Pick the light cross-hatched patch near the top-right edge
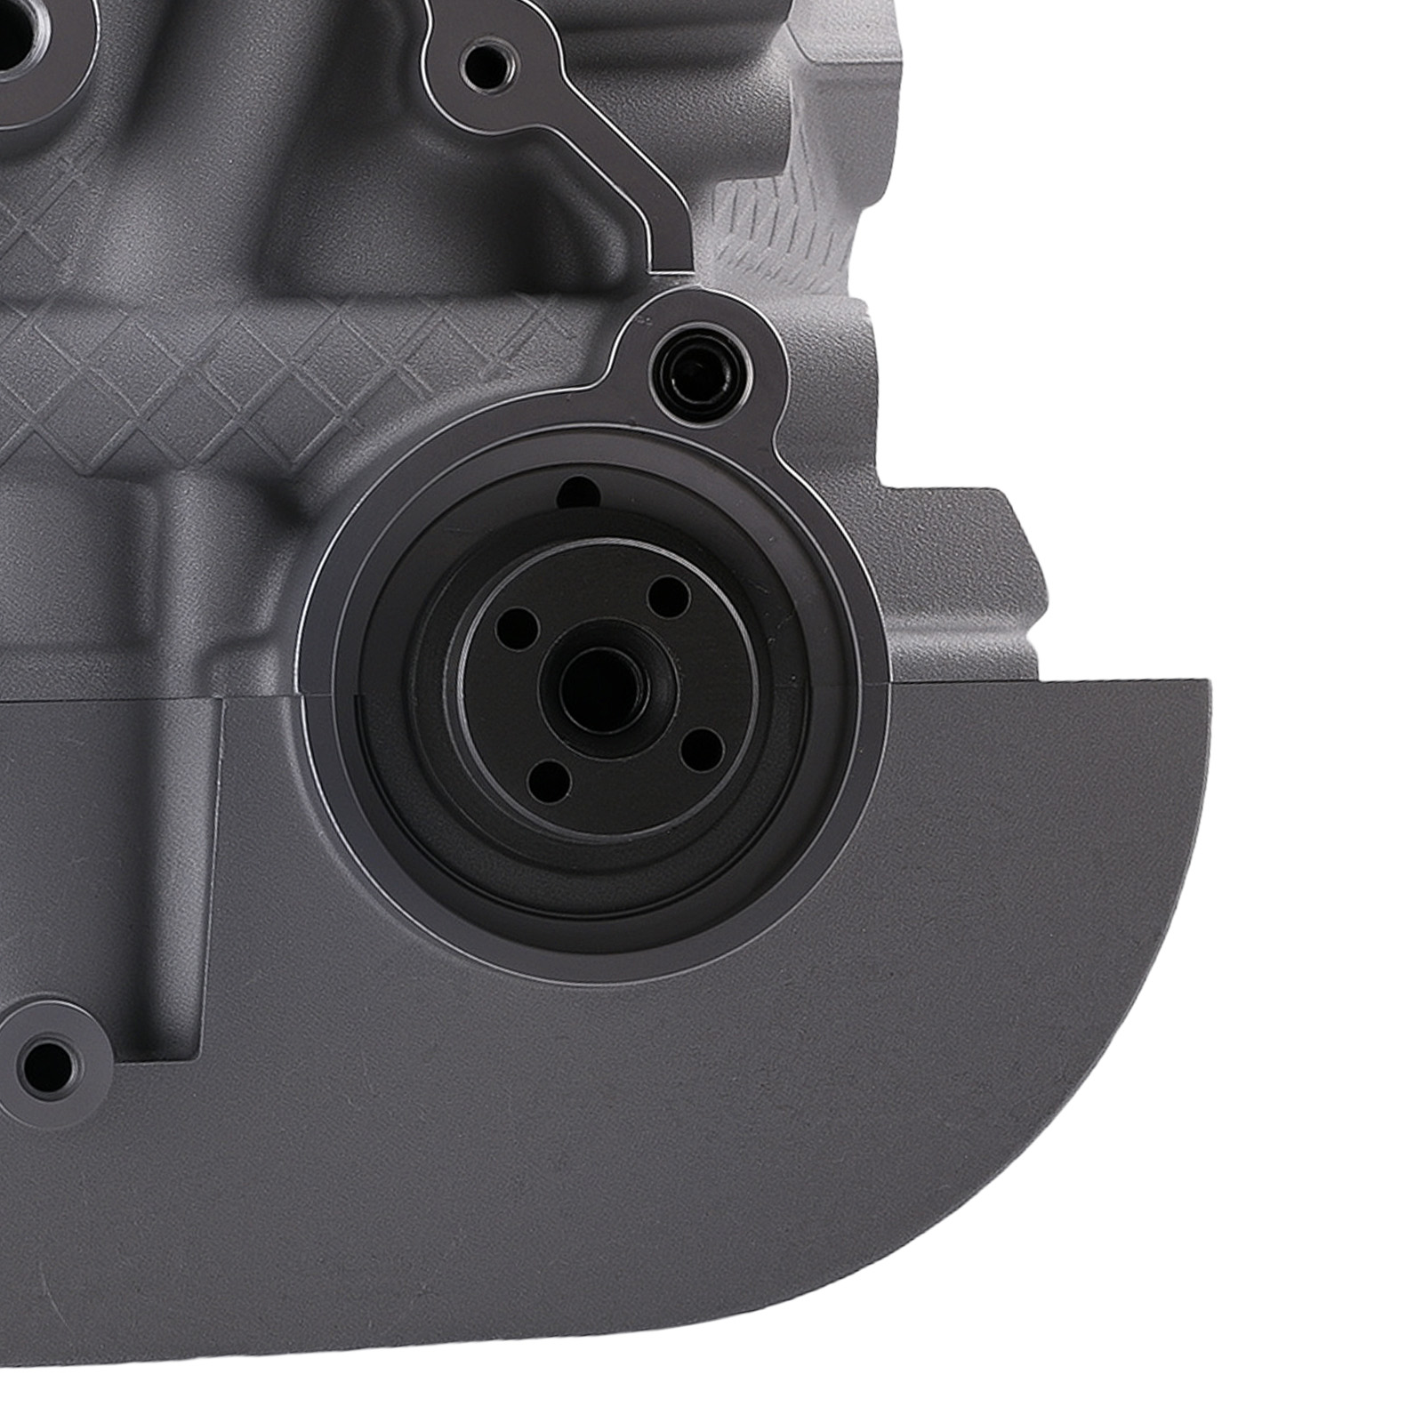coord(783,222)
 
